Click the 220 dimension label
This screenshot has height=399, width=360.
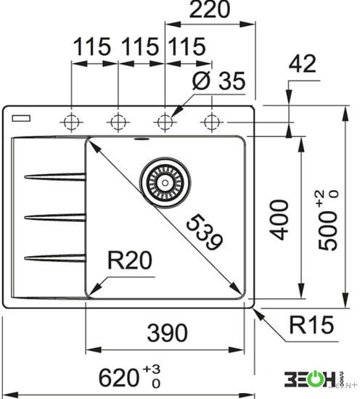(210, 9)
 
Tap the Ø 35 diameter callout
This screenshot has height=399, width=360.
(218, 81)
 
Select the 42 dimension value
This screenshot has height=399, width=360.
(302, 64)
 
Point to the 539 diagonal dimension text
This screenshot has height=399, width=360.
(205, 232)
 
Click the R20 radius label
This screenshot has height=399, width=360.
(130, 260)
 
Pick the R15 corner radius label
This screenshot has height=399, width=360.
(311, 325)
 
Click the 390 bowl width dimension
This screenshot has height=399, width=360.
(167, 333)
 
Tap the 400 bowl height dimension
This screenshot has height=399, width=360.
(279, 220)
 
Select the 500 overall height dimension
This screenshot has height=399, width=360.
(329, 220)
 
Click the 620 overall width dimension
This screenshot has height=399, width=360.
(130, 378)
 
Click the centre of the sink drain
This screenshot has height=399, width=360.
(165, 183)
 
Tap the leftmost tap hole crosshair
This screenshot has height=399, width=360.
(72, 122)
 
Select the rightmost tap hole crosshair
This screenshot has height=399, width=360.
(212, 122)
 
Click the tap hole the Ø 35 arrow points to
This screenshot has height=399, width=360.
(165, 122)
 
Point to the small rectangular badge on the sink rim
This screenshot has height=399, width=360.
(21, 118)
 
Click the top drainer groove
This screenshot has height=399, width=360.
(55, 176)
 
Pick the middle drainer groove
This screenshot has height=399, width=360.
(55, 218)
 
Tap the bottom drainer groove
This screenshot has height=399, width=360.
(55, 258)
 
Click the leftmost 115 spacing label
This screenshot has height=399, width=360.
(92, 47)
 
